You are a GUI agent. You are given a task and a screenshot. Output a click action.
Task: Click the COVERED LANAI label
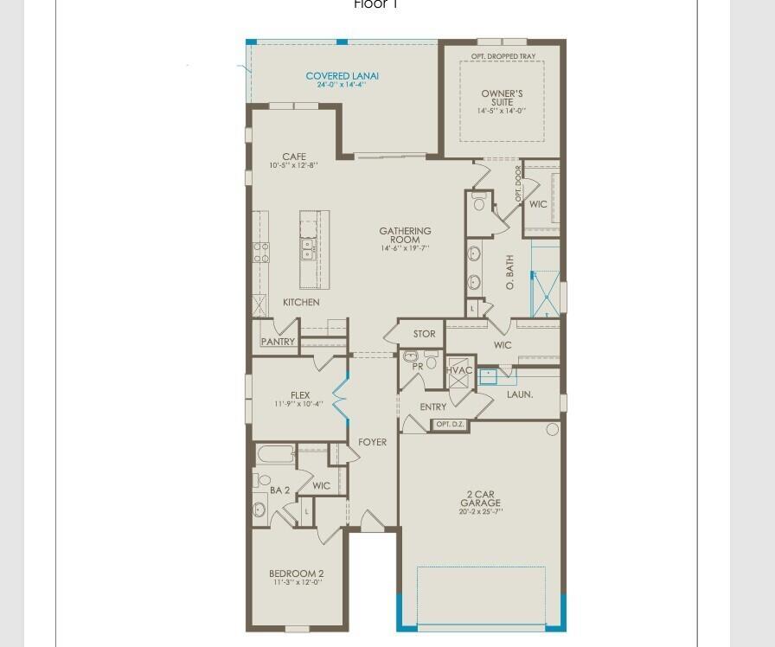click(x=343, y=76)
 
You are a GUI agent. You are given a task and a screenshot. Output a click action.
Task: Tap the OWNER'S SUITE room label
click(x=502, y=98)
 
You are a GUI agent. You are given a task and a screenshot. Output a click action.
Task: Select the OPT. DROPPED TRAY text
click(x=503, y=56)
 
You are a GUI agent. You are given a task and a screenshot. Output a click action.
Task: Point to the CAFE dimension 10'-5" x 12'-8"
click(x=293, y=165)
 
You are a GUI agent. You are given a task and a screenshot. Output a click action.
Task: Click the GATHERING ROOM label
click(x=405, y=235)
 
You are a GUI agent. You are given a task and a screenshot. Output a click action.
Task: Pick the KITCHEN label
click(x=301, y=303)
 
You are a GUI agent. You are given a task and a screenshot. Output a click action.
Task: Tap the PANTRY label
click(x=278, y=342)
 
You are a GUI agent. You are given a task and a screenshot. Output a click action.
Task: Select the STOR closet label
click(x=424, y=334)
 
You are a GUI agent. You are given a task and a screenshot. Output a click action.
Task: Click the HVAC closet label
click(x=459, y=370)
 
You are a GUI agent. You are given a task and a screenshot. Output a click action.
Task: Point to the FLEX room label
click(x=300, y=395)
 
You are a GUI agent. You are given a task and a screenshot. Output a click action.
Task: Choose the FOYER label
click(x=373, y=442)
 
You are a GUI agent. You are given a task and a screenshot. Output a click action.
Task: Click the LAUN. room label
click(x=520, y=394)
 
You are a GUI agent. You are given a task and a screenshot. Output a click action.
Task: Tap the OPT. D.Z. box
click(x=450, y=425)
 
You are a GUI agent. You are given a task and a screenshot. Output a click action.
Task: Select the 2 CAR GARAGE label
click(x=480, y=498)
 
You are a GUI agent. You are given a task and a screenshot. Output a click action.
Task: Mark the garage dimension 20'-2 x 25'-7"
click(x=480, y=512)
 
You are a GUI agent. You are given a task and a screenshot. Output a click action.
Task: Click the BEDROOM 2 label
click(x=297, y=573)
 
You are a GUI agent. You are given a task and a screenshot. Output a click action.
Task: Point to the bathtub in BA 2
click(x=275, y=455)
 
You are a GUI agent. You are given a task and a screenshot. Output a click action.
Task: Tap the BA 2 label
click(x=279, y=490)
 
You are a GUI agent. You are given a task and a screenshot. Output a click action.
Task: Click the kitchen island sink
click(x=308, y=250)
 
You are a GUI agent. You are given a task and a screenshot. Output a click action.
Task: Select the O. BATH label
click(x=510, y=272)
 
